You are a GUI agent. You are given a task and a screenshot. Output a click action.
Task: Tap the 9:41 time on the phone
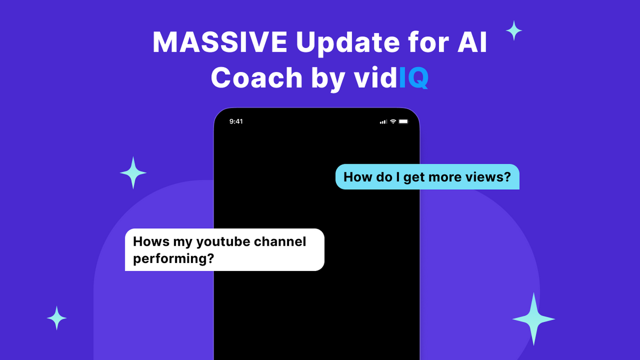[x=236, y=122]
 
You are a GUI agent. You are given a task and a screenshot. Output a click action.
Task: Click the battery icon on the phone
[x=403, y=122]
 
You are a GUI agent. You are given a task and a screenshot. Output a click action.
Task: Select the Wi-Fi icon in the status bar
[x=393, y=122]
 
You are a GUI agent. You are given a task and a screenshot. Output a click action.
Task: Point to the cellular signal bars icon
[x=383, y=122]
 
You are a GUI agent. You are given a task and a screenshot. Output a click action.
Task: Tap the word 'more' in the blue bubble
[x=446, y=177]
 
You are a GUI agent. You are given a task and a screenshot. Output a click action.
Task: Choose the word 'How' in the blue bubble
[x=356, y=177]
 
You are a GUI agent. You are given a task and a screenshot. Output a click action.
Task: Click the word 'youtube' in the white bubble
[x=223, y=242]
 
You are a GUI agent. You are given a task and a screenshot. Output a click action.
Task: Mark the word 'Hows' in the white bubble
[x=151, y=242]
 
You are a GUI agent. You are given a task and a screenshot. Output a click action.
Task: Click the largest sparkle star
[x=533, y=319]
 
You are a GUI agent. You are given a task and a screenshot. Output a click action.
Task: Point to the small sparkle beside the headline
[x=514, y=30]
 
